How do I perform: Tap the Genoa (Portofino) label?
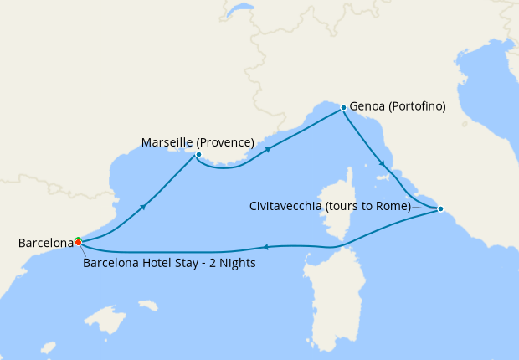click(x=398, y=106)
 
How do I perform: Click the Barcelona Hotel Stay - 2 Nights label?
click(x=169, y=262)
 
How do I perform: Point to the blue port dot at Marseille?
click(x=198, y=154)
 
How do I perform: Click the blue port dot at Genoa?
click(x=343, y=108)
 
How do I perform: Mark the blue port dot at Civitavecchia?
click(x=440, y=208)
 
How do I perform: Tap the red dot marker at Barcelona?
click(x=78, y=243)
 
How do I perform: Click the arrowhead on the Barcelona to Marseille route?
click(x=145, y=206)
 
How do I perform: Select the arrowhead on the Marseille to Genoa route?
click(x=268, y=150)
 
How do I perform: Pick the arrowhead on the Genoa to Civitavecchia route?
click(x=383, y=163)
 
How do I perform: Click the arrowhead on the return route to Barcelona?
click(x=265, y=246)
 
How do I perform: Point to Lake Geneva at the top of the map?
click(x=240, y=10)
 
